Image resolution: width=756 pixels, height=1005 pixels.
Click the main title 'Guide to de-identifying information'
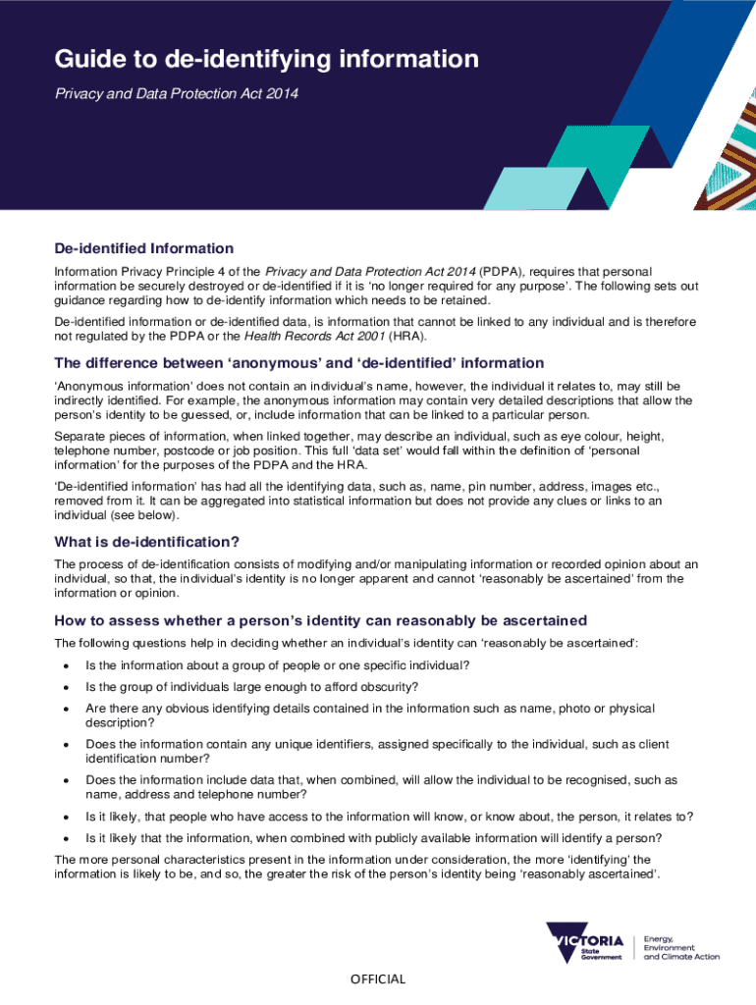266,61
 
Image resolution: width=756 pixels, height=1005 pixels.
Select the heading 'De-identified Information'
143,248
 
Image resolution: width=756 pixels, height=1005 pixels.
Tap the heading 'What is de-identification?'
147,542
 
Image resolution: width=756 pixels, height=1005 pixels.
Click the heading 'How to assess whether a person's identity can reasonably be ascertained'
320,620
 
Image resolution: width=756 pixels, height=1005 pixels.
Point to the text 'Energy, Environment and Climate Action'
680,947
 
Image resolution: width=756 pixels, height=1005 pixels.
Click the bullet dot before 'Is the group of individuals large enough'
66,687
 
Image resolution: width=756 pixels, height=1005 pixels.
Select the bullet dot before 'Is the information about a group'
66,666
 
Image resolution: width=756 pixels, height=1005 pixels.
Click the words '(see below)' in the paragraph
148,515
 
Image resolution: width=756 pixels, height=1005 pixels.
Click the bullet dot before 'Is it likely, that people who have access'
66,817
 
